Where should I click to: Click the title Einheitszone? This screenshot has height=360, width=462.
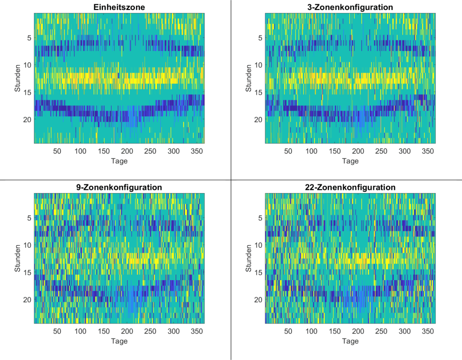[x=119, y=7]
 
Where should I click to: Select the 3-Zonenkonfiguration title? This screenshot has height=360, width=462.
[x=350, y=7]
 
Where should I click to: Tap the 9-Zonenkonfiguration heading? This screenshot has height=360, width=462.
[x=119, y=187]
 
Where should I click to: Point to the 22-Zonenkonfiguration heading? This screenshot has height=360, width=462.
[x=350, y=187]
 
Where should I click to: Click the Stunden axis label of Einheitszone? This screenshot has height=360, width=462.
[x=18, y=78]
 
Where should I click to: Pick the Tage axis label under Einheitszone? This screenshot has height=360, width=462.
[x=119, y=161]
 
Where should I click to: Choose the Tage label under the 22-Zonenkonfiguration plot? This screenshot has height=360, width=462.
[x=350, y=341]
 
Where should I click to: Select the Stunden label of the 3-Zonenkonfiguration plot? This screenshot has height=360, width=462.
[x=249, y=78]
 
